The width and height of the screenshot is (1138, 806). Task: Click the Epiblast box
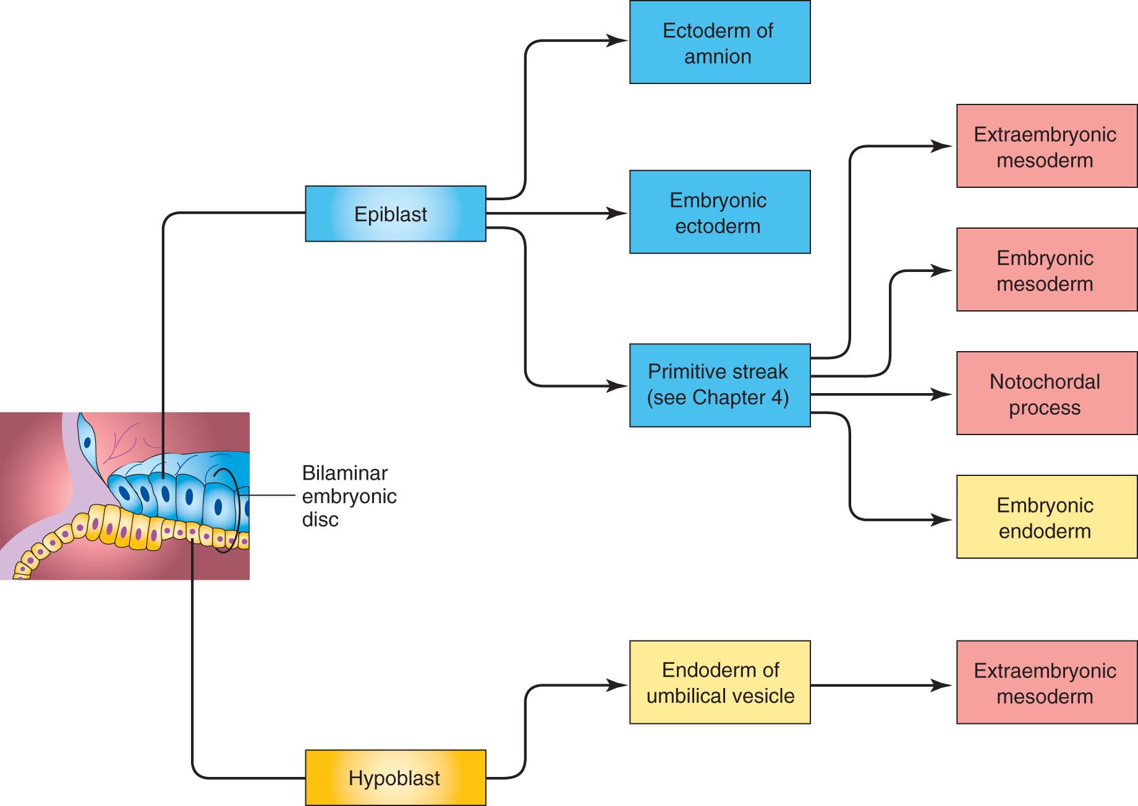[x=395, y=214]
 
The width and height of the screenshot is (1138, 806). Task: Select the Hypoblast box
[x=395, y=778]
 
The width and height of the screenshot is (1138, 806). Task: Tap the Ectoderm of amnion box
[x=720, y=43]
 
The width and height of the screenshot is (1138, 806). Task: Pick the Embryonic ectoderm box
[x=720, y=212]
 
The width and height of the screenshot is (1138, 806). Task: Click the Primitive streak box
[x=720, y=385]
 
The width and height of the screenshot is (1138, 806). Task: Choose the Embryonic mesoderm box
[x=1046, y=269]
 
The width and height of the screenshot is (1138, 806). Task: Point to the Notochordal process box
[x=1046, y=393]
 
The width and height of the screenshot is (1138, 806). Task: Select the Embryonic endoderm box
[x=1046, y=517]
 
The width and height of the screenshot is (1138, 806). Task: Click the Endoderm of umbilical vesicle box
[x=720, y=682]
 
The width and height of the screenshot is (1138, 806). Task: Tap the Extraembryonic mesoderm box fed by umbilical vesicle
[x=1046, y=682]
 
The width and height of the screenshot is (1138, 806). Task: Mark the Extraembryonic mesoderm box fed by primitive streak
[x=1046, y=146]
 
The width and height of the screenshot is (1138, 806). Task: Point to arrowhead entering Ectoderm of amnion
[x=619, y=41]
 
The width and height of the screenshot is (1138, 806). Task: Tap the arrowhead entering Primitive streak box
[x=619, y=386]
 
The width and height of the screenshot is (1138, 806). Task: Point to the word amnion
[x=718, y=56]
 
